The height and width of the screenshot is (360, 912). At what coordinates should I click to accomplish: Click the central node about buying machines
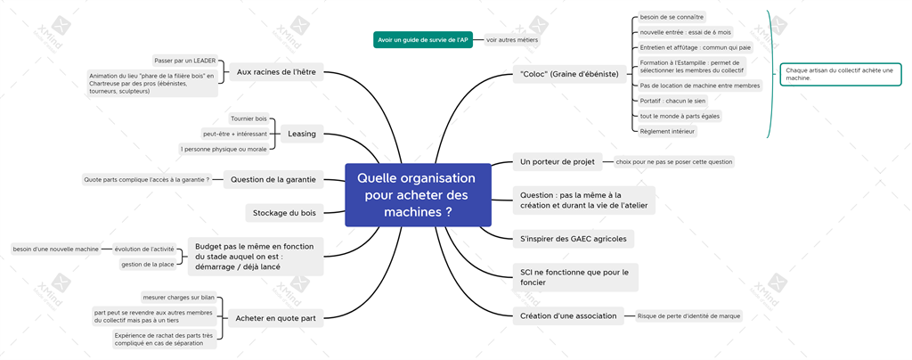pos(419,195)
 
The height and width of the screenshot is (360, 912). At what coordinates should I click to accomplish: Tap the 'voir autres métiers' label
pos(512,40)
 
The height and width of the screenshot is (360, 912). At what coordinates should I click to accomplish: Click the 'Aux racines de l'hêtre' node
pos(276,73)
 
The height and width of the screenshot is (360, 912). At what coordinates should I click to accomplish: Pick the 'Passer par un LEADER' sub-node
pos(185,61)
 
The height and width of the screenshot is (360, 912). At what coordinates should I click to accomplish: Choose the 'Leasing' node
pos(302,134)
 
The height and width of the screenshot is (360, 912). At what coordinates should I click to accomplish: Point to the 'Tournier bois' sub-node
pos(249,119)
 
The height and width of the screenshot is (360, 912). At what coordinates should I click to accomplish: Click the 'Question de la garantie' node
pos(273,180)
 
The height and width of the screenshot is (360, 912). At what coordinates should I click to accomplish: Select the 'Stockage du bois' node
pos(284,213)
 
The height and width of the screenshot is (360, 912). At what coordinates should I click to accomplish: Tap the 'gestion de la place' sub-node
pos(147,264)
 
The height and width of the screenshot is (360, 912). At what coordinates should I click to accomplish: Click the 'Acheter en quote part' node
pos(275,317)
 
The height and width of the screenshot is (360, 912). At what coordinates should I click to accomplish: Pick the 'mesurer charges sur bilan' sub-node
pos(178,298)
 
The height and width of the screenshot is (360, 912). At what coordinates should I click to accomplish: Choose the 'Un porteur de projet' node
pos(558,161)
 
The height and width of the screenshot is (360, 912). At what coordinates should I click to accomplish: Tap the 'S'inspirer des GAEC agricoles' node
pos(574,239)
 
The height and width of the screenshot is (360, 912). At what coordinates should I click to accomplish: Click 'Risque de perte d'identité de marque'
pos(688,315)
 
